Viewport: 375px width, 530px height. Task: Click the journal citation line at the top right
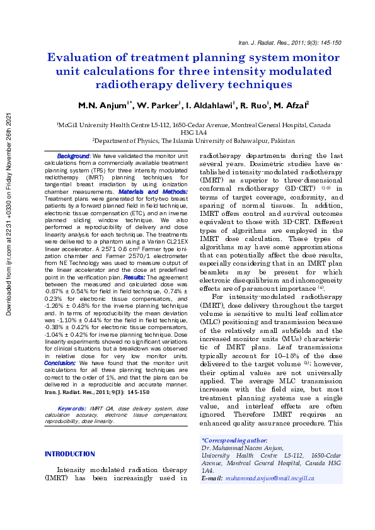point(290,43)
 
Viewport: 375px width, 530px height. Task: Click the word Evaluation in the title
point(85,57)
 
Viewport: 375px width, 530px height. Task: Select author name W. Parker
point(156,105)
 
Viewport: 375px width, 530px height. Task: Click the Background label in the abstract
point(74,155)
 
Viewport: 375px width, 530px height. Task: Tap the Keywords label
point(71,409)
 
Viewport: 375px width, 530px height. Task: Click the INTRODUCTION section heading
point(69,454)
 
